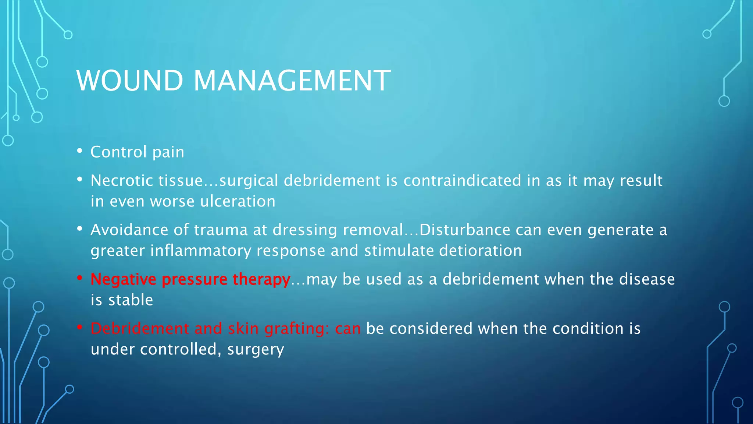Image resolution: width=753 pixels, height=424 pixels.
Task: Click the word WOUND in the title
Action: tap(129, 81)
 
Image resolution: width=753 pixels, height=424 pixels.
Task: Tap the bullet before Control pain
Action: tap(80, 151)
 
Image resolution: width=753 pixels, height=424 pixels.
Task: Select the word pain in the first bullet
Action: tap(168, 152)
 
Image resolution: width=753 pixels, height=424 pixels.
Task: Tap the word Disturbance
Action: tap(465, 230)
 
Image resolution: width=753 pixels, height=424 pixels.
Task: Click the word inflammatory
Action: tap(200, 251)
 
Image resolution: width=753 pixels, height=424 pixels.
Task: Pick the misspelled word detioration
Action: tap(480, 251)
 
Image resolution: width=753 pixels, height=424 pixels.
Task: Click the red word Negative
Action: tap(124, 279)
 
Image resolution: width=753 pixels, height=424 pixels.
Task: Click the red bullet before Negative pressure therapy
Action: tap(80, 278)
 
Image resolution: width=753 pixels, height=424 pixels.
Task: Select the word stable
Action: tap(131, 300)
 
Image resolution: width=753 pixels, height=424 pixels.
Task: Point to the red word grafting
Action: tap(296, 329)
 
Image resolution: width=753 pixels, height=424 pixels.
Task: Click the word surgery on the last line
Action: tap(256, 350)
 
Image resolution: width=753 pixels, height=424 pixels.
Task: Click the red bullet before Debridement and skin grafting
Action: tap(80, 327)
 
